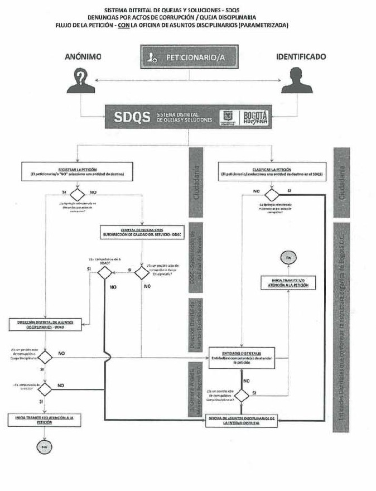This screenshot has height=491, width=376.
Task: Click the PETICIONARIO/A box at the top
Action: coord(187,57)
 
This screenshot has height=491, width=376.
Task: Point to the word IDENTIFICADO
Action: coord(301,56)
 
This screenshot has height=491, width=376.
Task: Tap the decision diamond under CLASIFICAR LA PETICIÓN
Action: coord(272,195)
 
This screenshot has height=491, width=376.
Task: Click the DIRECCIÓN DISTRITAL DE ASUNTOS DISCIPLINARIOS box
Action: coord(46,324)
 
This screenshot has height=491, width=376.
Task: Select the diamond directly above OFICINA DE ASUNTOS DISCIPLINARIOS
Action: coord(241,395)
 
